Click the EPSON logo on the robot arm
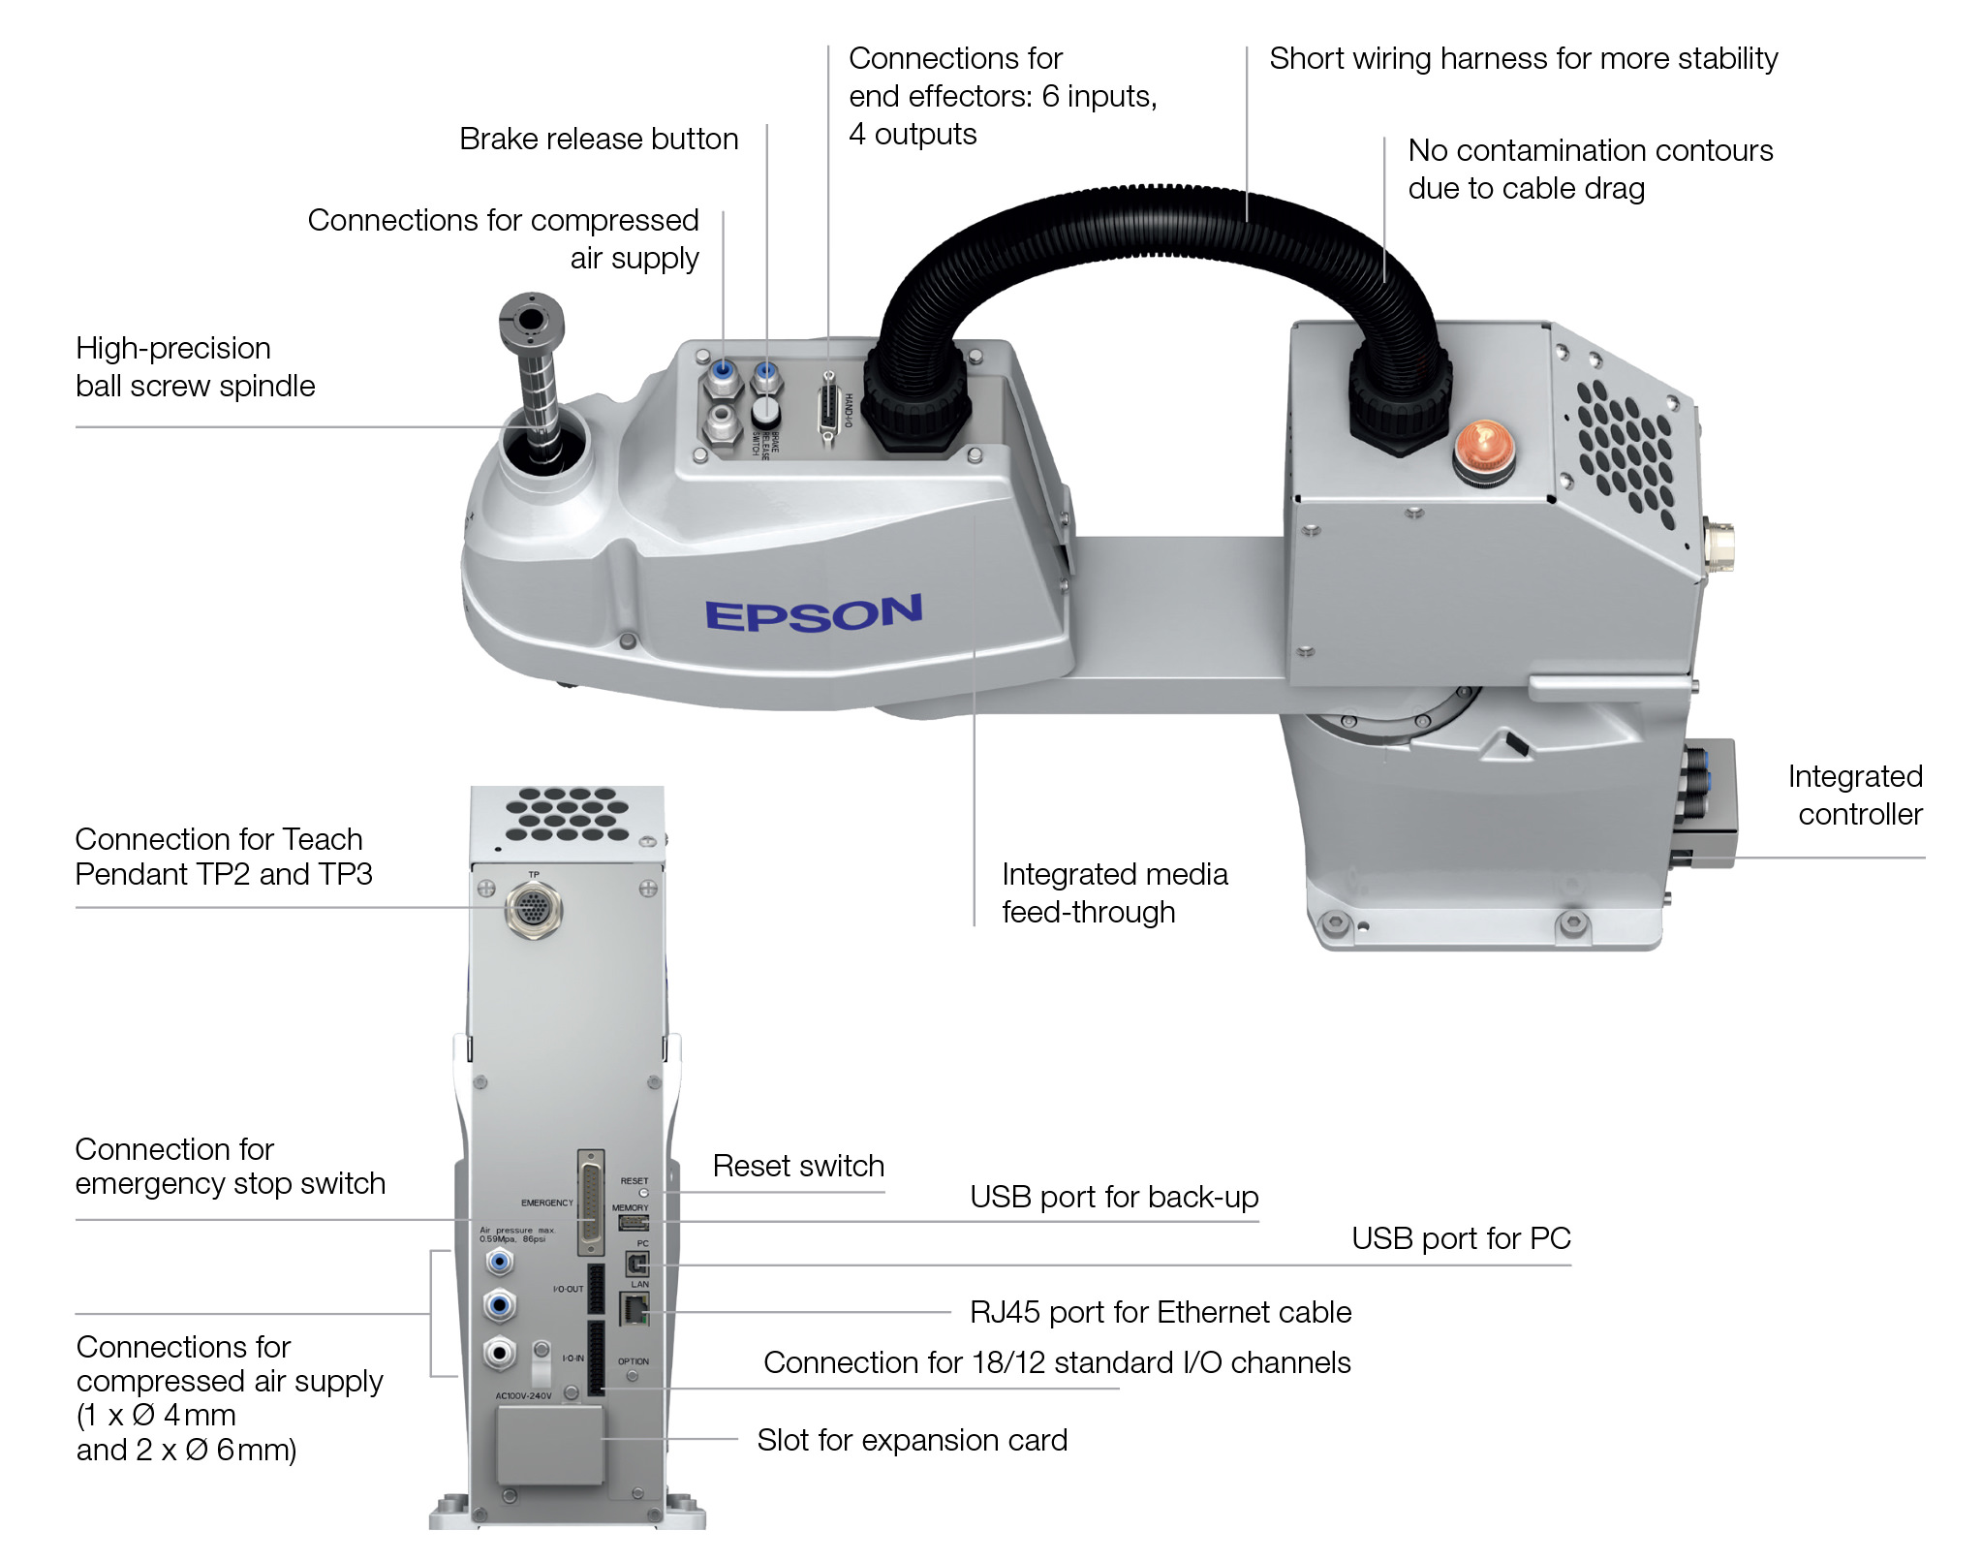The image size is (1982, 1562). [x=813, y=614]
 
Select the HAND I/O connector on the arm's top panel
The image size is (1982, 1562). [x=829, y=407]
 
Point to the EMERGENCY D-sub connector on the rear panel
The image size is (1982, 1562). [x=591, y=1203]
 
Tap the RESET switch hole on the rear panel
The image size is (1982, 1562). [x=643, y=1193]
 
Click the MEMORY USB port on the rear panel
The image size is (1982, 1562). [x=633, y=1223]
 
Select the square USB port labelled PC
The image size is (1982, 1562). [x=637, y=1264]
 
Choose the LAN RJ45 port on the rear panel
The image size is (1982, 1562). [x=635, y=1310]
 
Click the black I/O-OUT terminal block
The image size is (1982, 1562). [x=596, y=1288]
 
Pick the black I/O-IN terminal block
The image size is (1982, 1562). [x=596, y=1358]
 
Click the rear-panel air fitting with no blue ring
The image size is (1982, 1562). [x=500, y=1352]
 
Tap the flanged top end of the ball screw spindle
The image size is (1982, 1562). [x=531, y=319]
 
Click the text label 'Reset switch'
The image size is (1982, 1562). [x=798, y=1166]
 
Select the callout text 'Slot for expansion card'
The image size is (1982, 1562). [x=912, y=1440]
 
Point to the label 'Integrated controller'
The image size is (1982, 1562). [x=1855, y=796]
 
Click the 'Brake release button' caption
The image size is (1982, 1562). [x=599, y=140]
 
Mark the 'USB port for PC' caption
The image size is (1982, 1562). [x=1461, y=1238]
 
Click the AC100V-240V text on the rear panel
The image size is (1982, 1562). [x=523, y=1396]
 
